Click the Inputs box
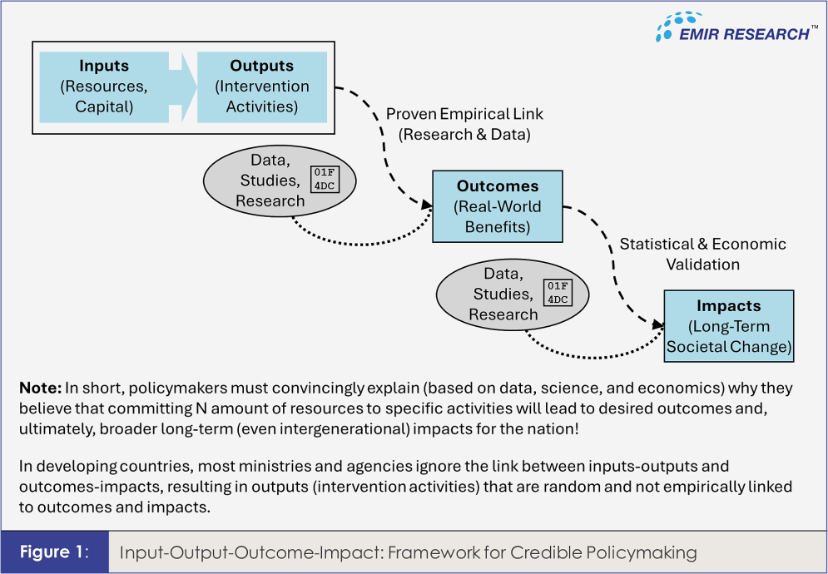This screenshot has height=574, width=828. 104,87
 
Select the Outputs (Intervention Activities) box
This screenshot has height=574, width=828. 262,87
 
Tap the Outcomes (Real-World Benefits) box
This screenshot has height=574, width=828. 498,206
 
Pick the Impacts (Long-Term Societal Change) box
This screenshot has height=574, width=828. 729,326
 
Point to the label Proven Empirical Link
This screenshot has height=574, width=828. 464,114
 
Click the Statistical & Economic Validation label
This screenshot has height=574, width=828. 702,254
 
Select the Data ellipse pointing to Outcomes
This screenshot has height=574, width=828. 280,181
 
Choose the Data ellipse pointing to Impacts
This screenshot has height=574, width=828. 513,294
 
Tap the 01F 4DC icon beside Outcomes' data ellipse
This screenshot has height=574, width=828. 325,180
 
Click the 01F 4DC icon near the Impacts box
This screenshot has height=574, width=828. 558,293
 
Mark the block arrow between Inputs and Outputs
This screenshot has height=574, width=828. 183,87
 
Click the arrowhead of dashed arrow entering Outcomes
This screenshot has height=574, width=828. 427,204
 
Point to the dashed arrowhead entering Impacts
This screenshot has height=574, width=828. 658,324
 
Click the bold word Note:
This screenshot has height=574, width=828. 41,388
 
